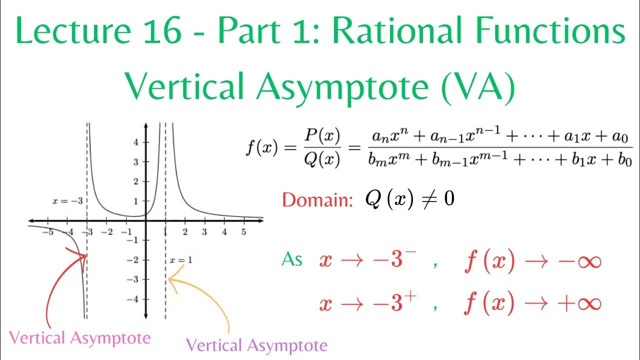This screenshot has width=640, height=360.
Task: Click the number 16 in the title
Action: coord(163,31)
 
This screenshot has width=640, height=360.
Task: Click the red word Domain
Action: coord(314,200)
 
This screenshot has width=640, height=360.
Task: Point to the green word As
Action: coord(292,259)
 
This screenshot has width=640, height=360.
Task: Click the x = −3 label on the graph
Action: coord(67,201)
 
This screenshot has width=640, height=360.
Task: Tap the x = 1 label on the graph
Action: coord(180,260)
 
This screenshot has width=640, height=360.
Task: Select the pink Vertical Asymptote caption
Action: coord(80,338)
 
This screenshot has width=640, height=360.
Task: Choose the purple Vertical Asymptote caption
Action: coord(256,345)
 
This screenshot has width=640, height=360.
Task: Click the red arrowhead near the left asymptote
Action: coord(82,255)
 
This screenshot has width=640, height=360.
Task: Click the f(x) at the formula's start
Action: coord(261,149)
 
